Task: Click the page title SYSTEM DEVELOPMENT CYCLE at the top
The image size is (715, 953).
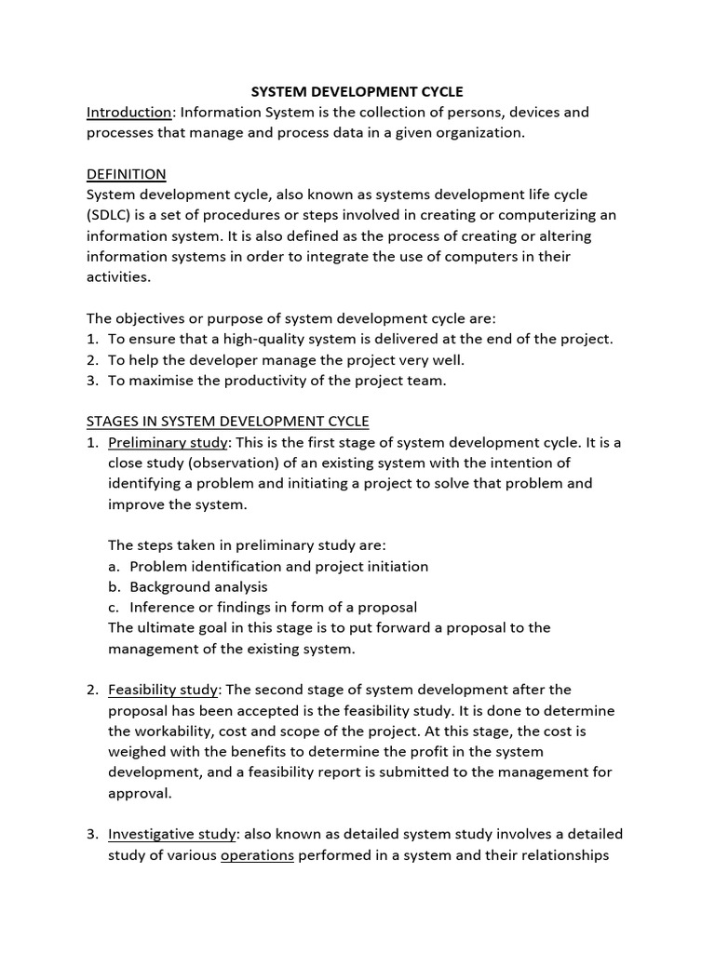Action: coord(357,91)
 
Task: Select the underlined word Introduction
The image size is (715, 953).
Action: coord(129,113)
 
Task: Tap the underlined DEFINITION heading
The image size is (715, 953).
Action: coord(126,174)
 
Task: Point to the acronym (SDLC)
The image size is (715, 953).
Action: coord(109,215)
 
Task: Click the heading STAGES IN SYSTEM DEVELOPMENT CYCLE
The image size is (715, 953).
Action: coord(228,422)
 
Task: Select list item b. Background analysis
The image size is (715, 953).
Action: coord(198,586)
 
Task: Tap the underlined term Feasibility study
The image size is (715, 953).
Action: coord(163,690)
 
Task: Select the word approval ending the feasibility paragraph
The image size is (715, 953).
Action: coord(140,793)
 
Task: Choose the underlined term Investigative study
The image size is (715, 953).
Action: coord(173,834)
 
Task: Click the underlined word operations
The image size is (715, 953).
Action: coord(257,854)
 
